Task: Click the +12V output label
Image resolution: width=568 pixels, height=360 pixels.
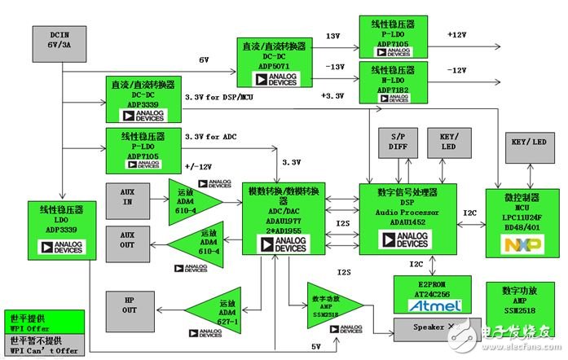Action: click(x=457, y=35)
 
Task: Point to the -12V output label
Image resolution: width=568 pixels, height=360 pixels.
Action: click(x=456, y=71)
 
